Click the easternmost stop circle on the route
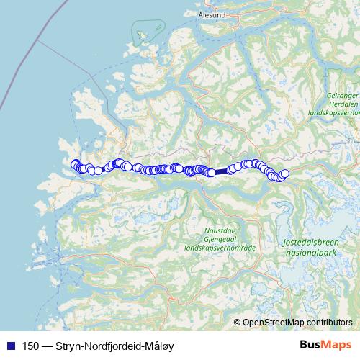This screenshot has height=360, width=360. pyautogui.click(x=284, y=173)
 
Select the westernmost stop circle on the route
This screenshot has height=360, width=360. pyautogui.click(x=75, y=164)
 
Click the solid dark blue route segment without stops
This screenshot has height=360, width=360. pyautogui.click(x=220, y=172)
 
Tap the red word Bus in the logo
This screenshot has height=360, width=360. pyautogui.click(x=311, y=346)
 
